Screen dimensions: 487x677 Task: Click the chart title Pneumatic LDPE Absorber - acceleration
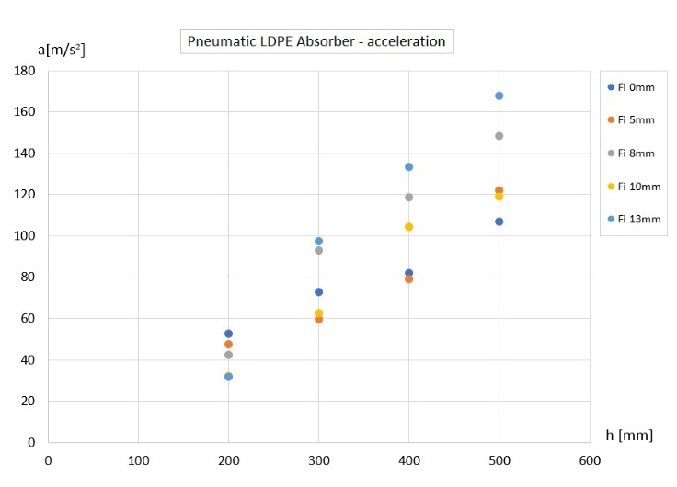coord(316,41)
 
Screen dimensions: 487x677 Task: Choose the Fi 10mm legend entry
coord(634,187)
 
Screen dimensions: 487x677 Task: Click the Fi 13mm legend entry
coord(634,219)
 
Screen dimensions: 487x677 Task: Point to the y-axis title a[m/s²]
coord(62,49)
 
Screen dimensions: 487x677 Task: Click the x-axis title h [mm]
coord(629,435)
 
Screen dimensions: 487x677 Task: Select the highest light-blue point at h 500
coord(499,96)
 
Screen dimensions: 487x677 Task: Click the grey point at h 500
coord(499,136)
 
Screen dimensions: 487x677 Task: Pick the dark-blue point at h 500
coord(499,221)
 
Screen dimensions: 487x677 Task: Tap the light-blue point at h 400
coord(408,167)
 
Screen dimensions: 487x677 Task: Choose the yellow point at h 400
coord(408,227)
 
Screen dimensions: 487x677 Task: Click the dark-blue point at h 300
coord(318,292)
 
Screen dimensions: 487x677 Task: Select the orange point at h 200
coord(228,345)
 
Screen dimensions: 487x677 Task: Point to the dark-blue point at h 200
coord(228,334)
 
